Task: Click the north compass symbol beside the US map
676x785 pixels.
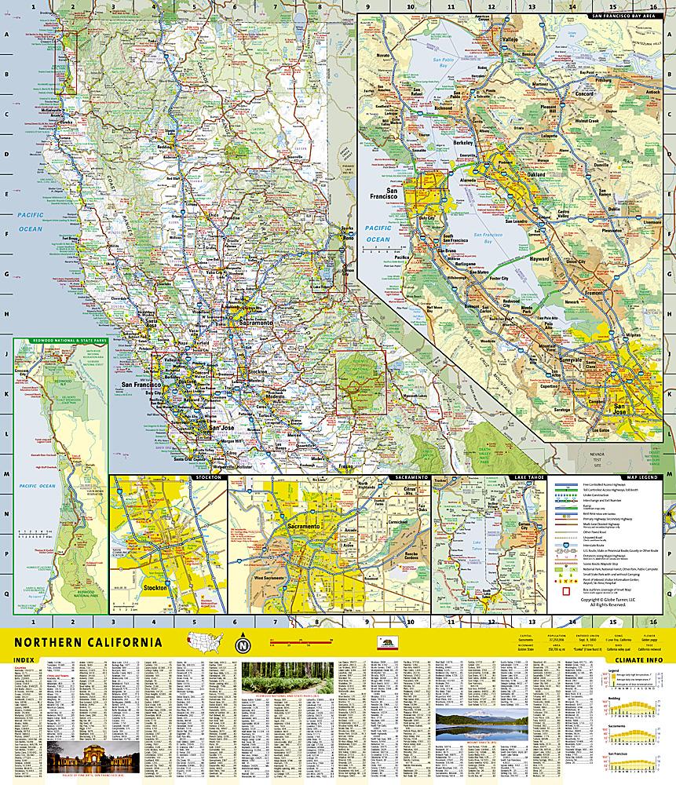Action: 243,646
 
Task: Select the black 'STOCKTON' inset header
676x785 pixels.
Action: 208,477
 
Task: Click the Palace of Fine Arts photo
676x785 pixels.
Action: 93,758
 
